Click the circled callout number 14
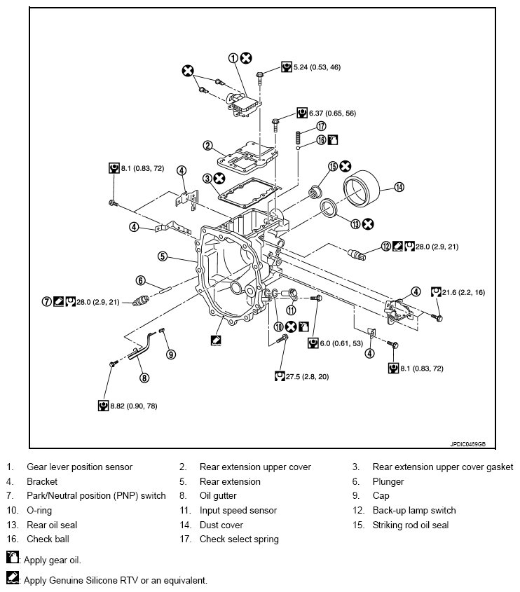399,187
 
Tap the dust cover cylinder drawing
360,187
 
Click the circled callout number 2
207,146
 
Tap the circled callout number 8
144,378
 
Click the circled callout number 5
162,256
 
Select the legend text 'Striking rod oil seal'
410,525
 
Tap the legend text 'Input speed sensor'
238,510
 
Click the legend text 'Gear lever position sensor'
79,467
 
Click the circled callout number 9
170,354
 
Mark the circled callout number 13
346,224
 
